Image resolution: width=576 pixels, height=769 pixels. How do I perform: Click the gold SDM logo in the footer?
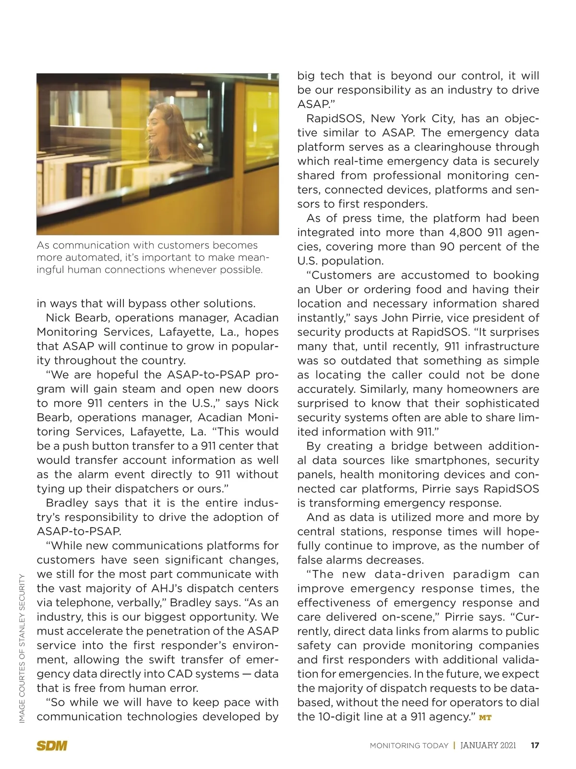(52, 745)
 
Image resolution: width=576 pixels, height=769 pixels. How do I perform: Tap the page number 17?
(535, 745)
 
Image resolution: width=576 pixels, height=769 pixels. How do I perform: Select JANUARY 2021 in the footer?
(488, 745)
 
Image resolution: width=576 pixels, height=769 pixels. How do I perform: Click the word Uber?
(329, 289)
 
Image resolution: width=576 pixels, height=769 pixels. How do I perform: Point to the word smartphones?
(449, 460)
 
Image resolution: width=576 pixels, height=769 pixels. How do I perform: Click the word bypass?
(136, 304)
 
